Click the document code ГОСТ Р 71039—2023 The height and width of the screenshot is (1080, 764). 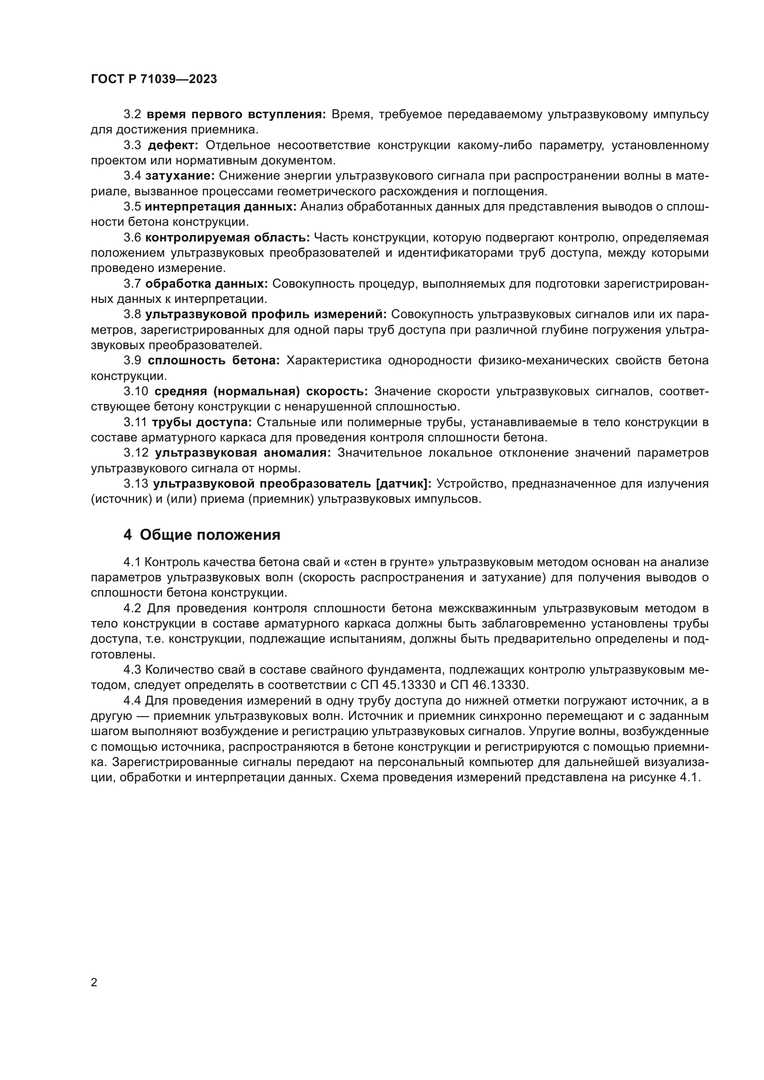(x=154, y=79)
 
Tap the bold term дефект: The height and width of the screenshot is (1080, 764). (x=173, y=145)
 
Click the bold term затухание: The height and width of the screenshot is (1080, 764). (x=180, y=176)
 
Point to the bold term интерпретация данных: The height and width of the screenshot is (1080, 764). (x=220, y=207)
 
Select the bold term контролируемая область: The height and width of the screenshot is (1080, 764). (x=227, y=237)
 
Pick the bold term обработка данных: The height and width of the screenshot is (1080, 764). (x=206, y=284)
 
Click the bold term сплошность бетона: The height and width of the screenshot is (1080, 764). (x=213, y=361)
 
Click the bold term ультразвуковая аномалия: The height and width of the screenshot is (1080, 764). (x=243, y=453)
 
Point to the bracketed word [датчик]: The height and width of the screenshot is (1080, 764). (x=404, y=483)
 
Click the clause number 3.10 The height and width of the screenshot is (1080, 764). (x=135, y=392)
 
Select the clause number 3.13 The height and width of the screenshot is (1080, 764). (x=135, y=483)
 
